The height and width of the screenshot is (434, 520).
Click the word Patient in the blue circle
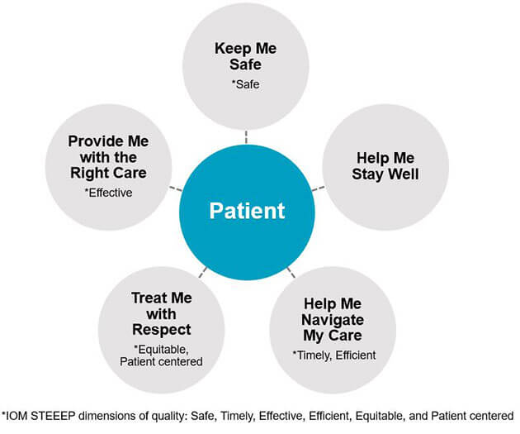[246, 210]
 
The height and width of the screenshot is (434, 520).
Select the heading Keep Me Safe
[245, 56]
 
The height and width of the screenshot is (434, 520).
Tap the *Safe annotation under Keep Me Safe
[245, 83]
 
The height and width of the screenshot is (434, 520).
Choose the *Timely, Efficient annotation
[332, 355]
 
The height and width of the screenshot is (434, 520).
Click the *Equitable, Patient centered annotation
[161, 355]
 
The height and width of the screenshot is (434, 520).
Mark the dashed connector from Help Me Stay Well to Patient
[319, 188]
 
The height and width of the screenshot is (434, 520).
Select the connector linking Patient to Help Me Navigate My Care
[291, 272]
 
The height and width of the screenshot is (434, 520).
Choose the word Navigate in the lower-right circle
[331, 319]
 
